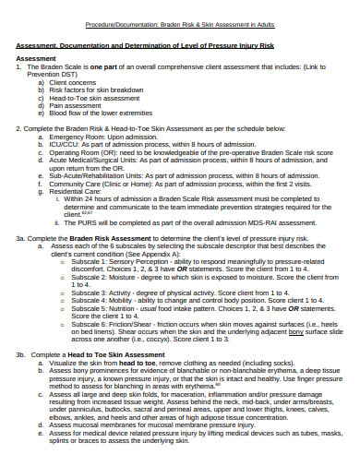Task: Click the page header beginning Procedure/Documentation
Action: tap(179, 25)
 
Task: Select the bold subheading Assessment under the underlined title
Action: tap(36, 56)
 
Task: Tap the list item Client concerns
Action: tap(74, 81)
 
